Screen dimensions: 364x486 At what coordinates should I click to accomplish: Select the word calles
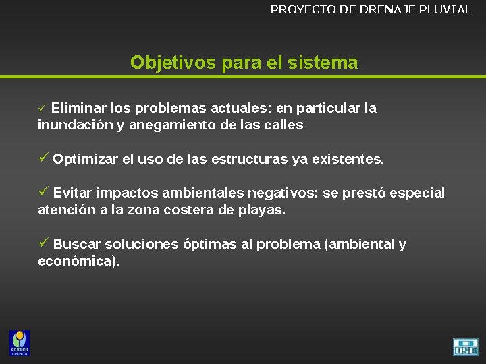284,125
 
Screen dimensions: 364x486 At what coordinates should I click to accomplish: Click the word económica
77,261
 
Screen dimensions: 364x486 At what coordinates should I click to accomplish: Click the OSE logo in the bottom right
465,346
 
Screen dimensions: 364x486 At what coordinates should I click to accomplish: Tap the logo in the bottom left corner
20,342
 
